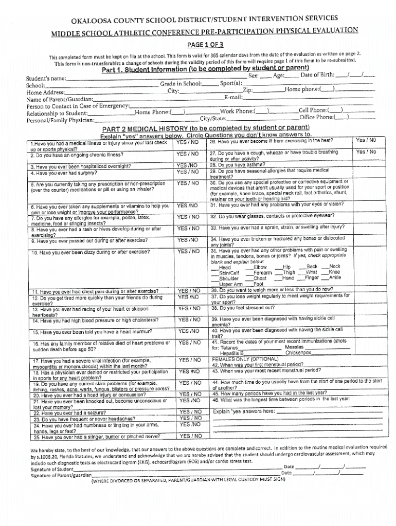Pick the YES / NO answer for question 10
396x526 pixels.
[x=188, y=251]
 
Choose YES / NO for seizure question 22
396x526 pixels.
[x=188, y=412]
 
